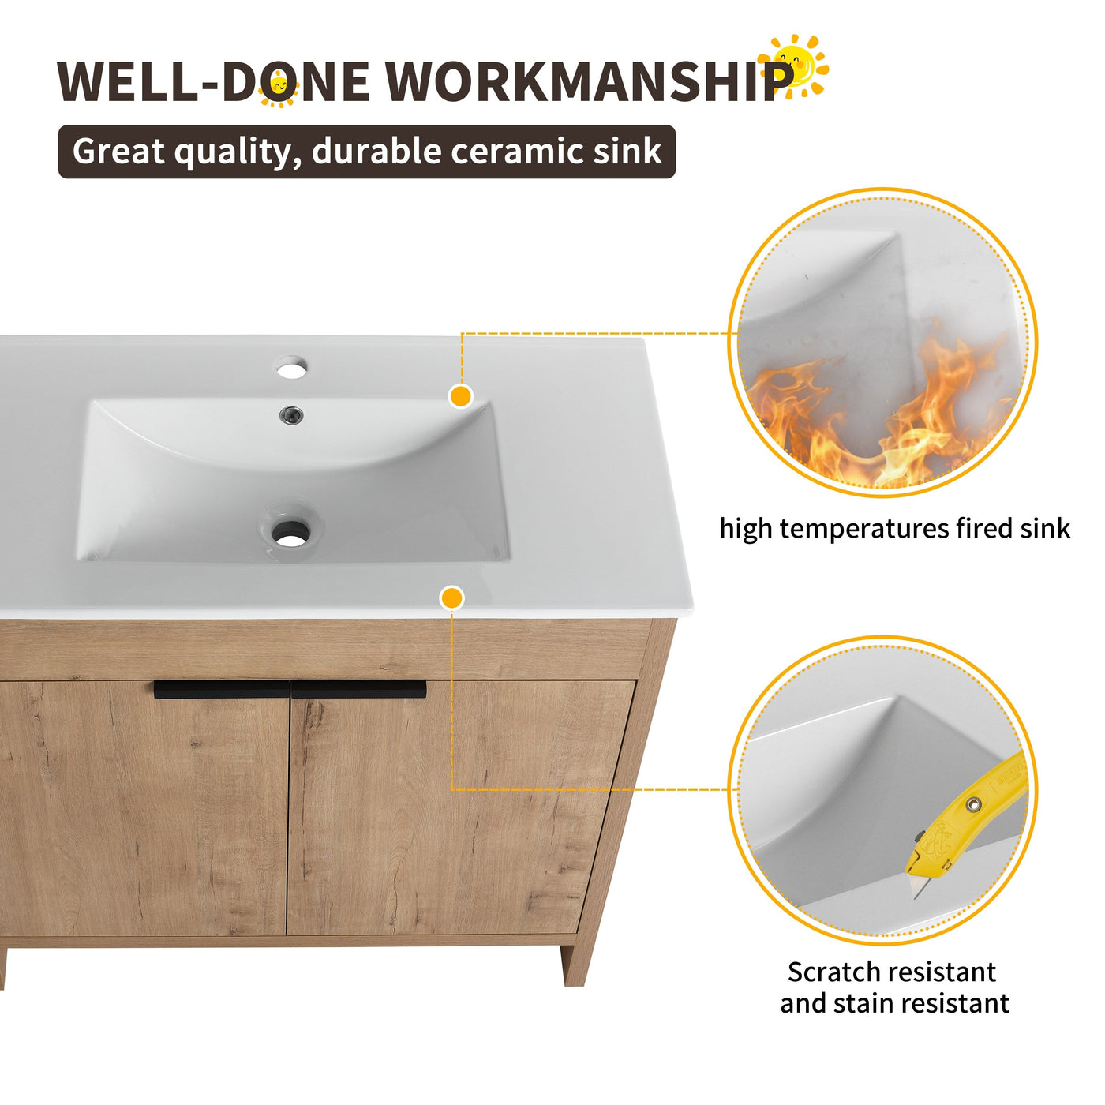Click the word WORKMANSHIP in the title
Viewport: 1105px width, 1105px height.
tap(588, 81)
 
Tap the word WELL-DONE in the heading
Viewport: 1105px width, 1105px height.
tap(213, 81)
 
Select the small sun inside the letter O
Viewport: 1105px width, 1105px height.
tap(278, 88)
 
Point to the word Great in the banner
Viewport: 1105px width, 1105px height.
tap(118, 151)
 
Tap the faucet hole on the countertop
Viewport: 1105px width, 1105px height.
tap(290, 367)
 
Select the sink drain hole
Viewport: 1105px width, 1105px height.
tap(290, 534)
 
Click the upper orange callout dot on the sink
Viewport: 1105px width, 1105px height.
tap(460, 396)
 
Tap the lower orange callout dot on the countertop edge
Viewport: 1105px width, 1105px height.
tap(451, 598)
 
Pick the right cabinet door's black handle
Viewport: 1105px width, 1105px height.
tap(359, 690)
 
